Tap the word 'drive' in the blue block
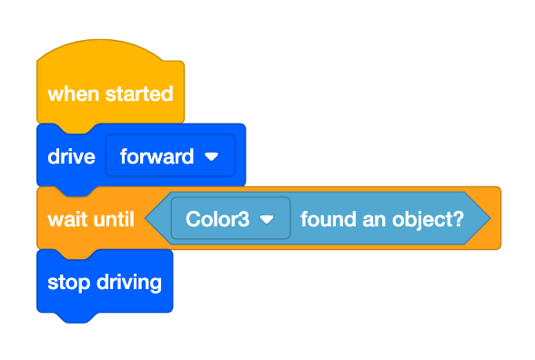click(71, 156)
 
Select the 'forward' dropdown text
click(156, 156)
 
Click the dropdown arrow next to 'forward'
click(213, 156)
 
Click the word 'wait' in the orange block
click(66, 219)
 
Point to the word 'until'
click(113, 219)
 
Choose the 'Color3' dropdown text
click(217, 219)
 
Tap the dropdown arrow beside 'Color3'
click(267, 219)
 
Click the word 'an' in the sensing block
click(362, 219)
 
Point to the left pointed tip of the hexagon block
click(148, 219)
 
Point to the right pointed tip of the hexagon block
click(489, 219)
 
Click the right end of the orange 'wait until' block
click(496, 219)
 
